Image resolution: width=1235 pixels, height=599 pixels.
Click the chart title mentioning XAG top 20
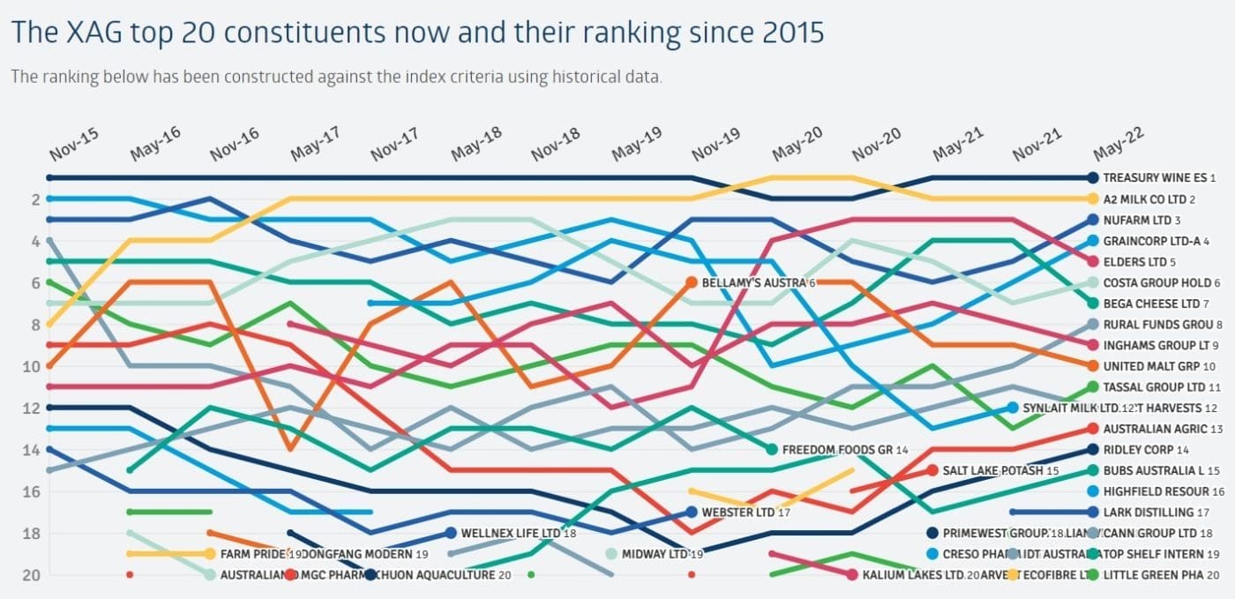click(417, 33)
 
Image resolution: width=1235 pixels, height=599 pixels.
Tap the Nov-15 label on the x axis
click(74, 144)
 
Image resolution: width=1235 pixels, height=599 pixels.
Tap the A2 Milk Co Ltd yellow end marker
click(1093, 199)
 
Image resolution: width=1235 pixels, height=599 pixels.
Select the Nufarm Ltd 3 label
click(1141, 221)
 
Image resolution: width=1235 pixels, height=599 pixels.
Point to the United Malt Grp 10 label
click(1159, 366)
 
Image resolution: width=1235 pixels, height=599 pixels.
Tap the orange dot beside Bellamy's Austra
click(692, 283)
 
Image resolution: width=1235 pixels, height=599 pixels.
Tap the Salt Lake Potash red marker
click(932, 470)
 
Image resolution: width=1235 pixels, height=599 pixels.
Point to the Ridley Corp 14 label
click(1146, 450)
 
